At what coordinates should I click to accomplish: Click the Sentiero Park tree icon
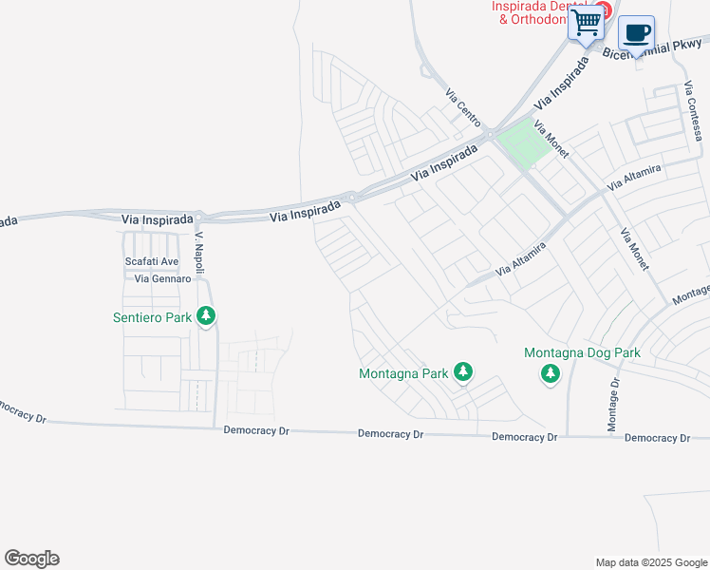pos(206,317)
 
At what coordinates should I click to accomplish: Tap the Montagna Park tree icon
pos(462,372)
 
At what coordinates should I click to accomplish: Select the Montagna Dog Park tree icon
pos(551,374)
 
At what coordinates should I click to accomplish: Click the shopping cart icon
pos(587,21)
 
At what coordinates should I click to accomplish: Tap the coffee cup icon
pos(637,32)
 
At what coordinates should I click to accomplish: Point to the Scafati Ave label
pos(152,261)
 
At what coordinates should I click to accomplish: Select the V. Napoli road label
pos(200,249)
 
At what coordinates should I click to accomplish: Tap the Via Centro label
pos(464,108)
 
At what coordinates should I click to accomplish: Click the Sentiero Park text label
pos(152,317)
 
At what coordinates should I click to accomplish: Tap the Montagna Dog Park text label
pos(582,353)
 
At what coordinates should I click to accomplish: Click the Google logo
pos(31,559)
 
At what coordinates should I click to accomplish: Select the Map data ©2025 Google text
pos(650,562)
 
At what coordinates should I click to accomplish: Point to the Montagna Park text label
pos(403,373)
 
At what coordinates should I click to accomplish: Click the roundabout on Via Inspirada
pos(351,198)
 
